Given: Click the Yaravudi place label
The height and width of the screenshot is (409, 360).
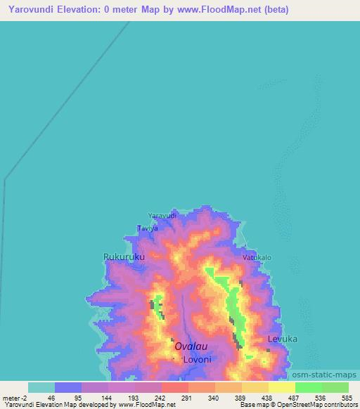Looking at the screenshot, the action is (x=162, y=216).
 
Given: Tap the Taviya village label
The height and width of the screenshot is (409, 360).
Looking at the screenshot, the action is (x=147, y=229).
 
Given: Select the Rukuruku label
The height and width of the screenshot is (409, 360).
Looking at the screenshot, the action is (x=124, y=257).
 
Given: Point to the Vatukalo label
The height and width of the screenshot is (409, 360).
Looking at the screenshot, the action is (x=257, y=258).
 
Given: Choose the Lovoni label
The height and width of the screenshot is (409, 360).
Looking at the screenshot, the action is (x=197, y=359).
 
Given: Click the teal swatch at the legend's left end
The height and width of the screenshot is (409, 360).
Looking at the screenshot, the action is (x=41, y=387).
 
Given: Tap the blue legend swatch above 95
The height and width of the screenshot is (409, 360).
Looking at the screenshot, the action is (x=68, y=387).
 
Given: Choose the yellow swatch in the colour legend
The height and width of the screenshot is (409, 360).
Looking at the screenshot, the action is (x=281, y=387).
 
